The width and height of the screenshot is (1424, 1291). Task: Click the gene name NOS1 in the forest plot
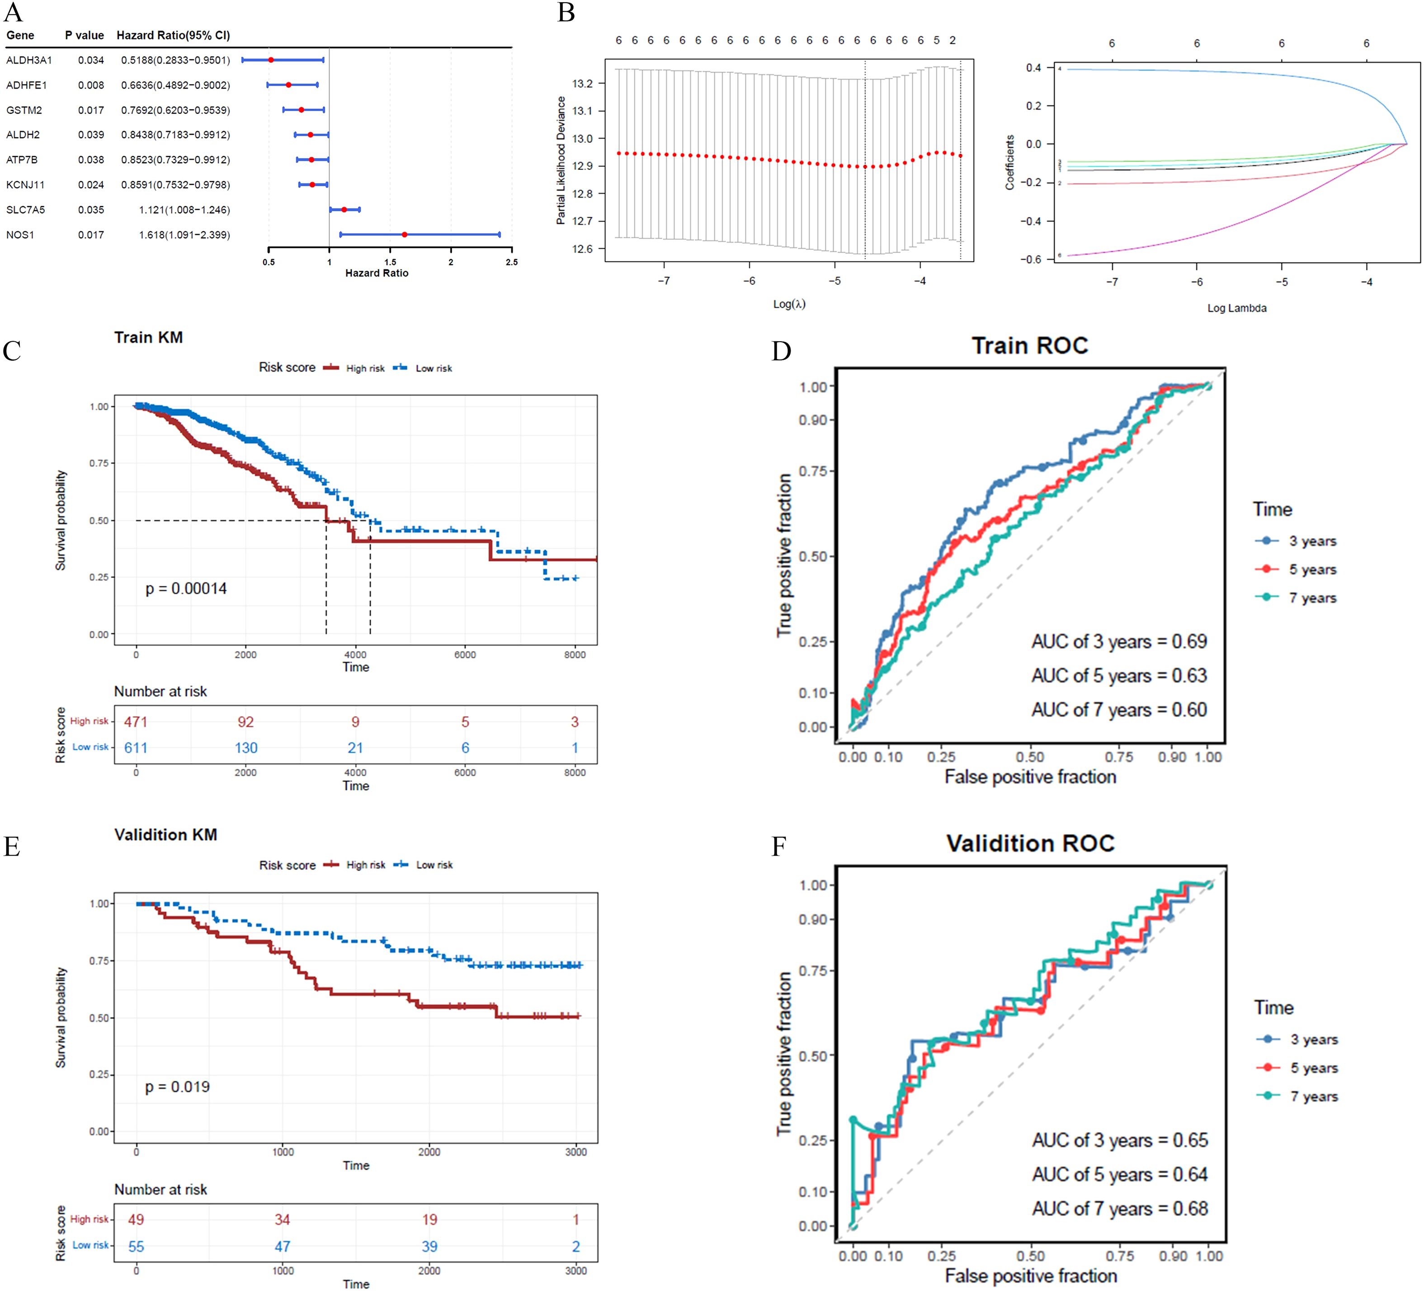tap(20, 235)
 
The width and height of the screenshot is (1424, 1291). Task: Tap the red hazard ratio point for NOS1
tap(404, 235)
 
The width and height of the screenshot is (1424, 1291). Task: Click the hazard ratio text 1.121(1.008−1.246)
tap(184, 210)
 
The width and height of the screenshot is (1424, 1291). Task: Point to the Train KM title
tap(148, 338)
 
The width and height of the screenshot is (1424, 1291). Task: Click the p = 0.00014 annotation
tap(186, 588)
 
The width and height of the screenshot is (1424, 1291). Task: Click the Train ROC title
tap(1029, 345)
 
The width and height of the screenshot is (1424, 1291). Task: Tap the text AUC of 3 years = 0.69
tap(1119, 641)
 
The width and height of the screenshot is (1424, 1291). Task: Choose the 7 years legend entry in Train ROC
tap(1312, 598)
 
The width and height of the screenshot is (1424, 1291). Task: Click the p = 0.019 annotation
tap(177, 1087)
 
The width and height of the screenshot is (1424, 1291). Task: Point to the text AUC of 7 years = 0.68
tap(1120, 1208)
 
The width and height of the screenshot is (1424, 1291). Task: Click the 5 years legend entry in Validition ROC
tap(1313, 1068)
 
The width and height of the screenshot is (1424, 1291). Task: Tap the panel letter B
tap(566, 13)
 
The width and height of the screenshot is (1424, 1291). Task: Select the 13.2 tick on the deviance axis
tap(583, 83)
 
